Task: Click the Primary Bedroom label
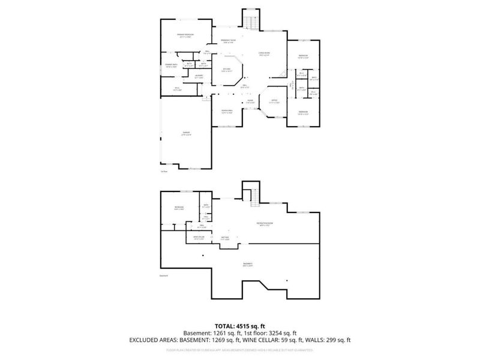coord(185,35)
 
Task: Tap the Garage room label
coord(186,134)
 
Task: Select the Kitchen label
coord(227,70)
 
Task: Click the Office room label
coord(274,101)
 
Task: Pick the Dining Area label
coord(227,112)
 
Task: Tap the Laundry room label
coord(199,76)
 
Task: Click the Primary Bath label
coord(170,65)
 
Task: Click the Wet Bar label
coord(225,238)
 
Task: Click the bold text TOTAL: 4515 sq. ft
coord(239,325)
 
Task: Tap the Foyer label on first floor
coord(250,101)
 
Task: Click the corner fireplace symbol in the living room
coord(280,75)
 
